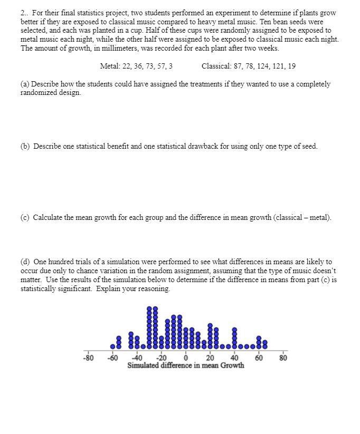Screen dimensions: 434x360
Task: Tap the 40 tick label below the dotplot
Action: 234,359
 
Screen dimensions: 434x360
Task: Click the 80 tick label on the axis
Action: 283,359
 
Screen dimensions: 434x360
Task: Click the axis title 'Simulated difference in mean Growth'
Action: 186,365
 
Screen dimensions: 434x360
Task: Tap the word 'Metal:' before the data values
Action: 109,66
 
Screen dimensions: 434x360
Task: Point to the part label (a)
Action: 25,84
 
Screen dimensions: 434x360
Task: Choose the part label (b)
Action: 25,147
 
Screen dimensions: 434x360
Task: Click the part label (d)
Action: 25,262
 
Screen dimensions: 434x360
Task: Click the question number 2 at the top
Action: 23,13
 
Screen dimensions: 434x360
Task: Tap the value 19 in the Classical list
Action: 292,66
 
